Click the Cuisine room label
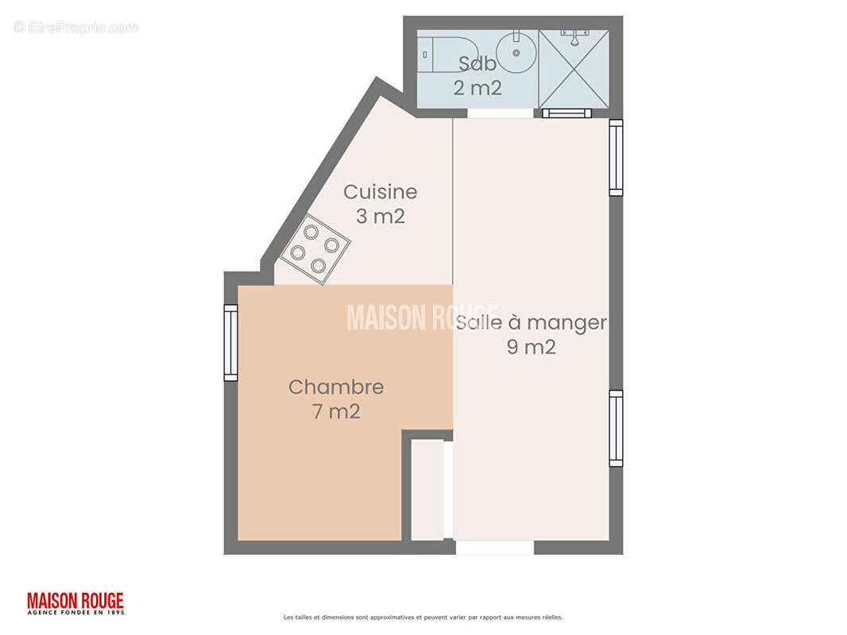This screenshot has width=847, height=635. (380, 192)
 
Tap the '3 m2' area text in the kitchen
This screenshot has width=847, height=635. (380, 216)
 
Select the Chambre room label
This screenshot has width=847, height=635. (335, 387)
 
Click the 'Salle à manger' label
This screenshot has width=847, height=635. (531, 323)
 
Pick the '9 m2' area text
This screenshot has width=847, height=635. (531, 347)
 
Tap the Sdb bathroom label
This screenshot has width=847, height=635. (477, 64)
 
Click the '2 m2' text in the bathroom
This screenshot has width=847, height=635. (477, 88)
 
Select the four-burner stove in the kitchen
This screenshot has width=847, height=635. (315, 248)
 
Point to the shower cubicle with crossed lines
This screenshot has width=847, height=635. (574, 69)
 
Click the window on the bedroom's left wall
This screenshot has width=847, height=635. (230, 343)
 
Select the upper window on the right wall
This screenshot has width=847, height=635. (616, 157)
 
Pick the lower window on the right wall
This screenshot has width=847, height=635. (616, 428)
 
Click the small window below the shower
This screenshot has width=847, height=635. (567, 114)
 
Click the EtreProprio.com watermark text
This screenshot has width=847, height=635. (76, 27)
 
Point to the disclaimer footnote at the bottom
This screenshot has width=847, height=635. (423, 618)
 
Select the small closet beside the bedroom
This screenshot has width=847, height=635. (427, 490)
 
